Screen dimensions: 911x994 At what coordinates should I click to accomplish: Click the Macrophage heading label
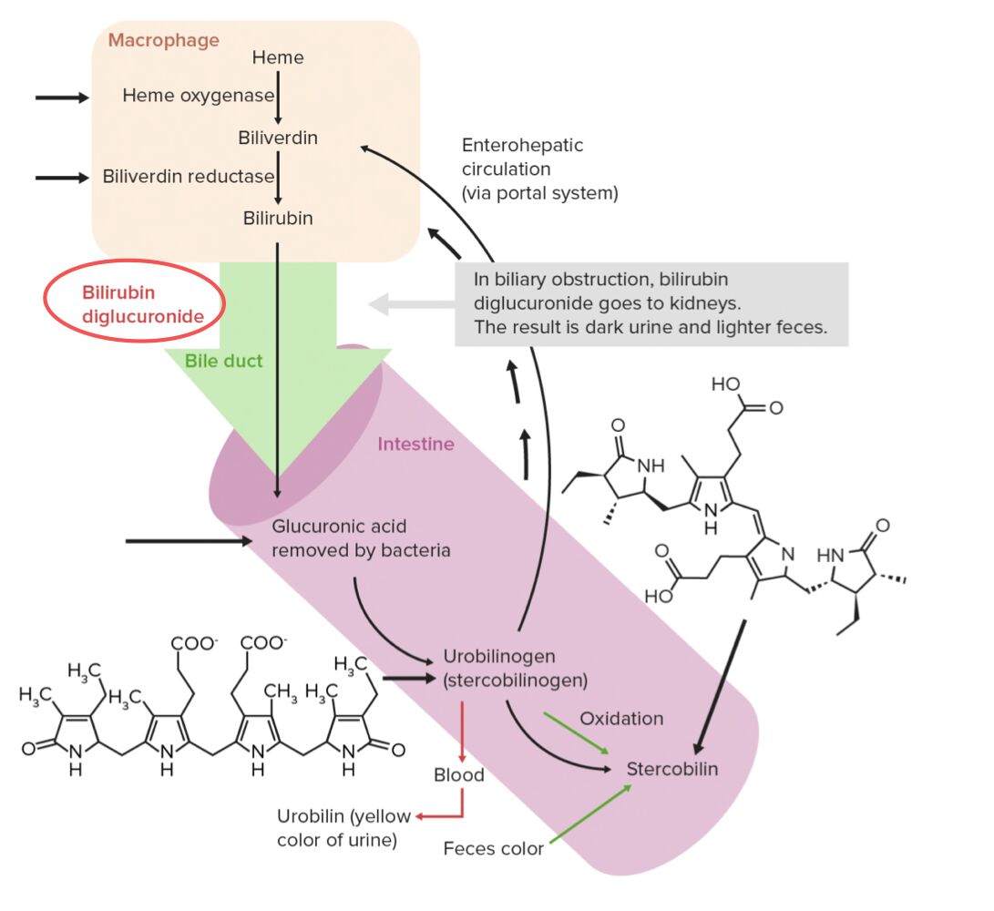coord(164,40)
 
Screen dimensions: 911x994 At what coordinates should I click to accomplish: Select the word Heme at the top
coord(278,58)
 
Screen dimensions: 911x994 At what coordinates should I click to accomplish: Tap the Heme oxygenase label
coord(198,96)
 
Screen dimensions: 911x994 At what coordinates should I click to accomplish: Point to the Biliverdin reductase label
coord(189,177)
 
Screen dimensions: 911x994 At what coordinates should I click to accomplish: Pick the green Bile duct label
coord(223,361)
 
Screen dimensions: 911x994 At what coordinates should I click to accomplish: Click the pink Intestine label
coord(415,445)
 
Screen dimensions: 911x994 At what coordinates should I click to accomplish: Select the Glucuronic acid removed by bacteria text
coord(361,538)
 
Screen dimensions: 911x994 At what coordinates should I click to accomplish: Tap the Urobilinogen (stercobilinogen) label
coord(515,668)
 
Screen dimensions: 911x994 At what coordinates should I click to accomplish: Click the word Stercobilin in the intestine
coord(671,769)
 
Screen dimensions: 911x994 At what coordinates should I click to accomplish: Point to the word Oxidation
coord(621,719)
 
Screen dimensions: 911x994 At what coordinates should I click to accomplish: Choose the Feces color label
coord(493,849)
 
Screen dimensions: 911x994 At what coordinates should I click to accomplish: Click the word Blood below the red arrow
coord(459,775)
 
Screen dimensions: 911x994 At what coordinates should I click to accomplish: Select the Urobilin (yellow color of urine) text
coord(343,828)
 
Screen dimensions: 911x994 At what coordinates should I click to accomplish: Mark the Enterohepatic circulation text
coord(539,169)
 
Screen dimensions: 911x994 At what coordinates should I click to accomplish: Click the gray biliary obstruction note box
coord(651,304)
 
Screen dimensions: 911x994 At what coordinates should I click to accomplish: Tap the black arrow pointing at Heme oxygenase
coord(62,97)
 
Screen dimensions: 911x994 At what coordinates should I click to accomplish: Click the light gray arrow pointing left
coord(410,305)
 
